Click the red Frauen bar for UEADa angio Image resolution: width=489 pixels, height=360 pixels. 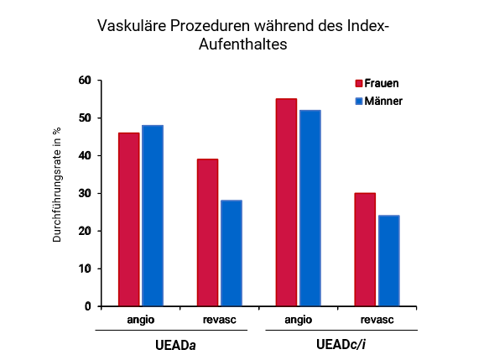(x=128, y=219)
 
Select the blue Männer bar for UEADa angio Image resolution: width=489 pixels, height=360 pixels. (x=152, y=216)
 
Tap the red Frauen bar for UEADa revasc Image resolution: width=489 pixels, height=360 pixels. (x=207, y=232)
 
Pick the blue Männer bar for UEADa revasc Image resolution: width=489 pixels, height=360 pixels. (x=231, y=253)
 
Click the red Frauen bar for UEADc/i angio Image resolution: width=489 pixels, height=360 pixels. (x=286, y=202)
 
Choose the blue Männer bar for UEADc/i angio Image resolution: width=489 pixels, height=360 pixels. (x=310, y=208)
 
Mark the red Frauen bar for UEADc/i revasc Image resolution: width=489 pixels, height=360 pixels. (x=365, y=249)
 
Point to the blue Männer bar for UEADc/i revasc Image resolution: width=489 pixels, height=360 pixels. (x=388, y=260)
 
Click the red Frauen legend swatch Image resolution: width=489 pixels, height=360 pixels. (x=359, y=84)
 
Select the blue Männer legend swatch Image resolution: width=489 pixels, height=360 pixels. (x=359, y=101)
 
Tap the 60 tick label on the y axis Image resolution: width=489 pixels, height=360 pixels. (x=84, y=81)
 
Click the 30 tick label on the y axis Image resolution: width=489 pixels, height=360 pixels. (x=84, y=194)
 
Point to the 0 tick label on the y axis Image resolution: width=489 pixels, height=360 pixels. (x=87, y=306)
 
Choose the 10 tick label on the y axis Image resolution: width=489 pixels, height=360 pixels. (x=84, y=269)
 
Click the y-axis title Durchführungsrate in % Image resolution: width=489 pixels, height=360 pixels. (x=57, y=185)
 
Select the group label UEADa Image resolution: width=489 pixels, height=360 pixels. (x=180, y=344)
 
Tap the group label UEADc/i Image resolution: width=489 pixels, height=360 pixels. (x=338, y=344)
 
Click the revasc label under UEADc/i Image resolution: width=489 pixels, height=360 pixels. (x=377, y=319)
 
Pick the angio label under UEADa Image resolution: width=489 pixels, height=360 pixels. (x=140, y=319)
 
